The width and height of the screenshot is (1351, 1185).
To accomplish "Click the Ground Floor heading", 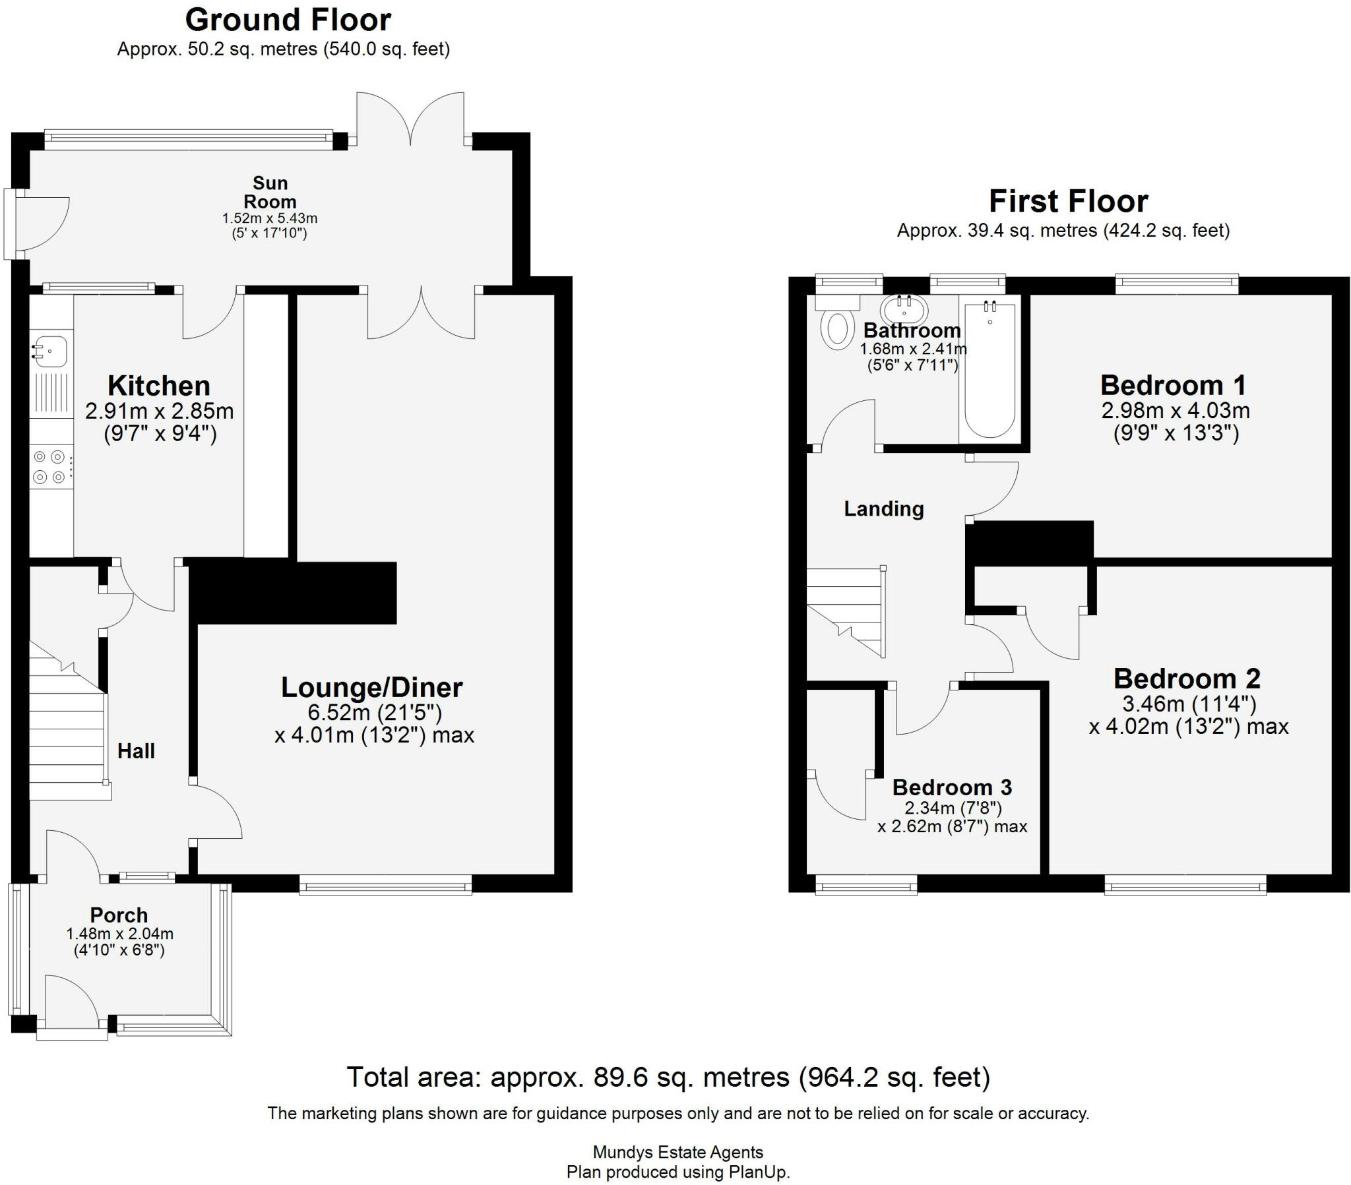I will [288, 20].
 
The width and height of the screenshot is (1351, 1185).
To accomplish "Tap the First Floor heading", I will [1068, 201].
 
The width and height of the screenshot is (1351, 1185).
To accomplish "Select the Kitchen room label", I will [158, 385].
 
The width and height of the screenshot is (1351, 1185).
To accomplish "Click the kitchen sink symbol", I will [51, 350].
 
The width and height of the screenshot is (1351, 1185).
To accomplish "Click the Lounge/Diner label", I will [371, 687].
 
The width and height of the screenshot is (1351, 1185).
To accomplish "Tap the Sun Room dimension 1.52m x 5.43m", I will [270, 218].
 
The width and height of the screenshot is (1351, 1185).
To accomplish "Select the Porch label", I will [119, 915].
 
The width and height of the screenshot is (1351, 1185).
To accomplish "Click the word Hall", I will [136, 751].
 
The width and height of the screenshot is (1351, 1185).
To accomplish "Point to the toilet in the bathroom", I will [836, 328].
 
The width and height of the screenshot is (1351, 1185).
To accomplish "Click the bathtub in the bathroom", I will [990, 370].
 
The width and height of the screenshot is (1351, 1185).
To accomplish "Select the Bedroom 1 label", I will [1173, 384].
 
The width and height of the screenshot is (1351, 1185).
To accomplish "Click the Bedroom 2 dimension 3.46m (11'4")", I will [1189, 702].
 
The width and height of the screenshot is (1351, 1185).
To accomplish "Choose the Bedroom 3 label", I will [952, 787].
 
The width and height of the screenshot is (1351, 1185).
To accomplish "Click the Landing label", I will [884, 508].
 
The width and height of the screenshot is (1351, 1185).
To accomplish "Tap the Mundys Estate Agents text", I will [677, 1152].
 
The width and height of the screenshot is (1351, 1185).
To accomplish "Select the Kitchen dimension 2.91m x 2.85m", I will [159, 411].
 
